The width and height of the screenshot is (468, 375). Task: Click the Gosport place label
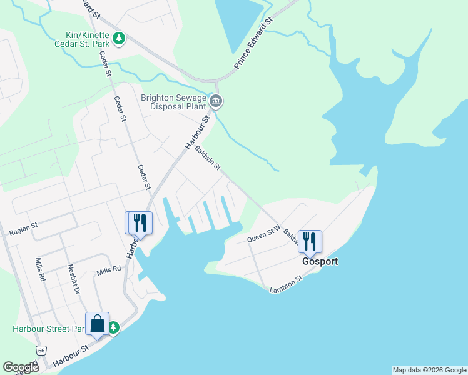pyautogui.click(x=320, y=262)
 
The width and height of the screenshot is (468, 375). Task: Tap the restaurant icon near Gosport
pyautogui.click(x=310, y=241)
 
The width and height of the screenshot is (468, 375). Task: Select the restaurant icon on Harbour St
pyautogui.click(x=140, y=222)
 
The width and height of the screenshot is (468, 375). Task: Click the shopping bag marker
pyautogui.click(x=97, y=324)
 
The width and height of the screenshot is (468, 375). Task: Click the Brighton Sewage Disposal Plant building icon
pyautogui.click(x=216, y=101)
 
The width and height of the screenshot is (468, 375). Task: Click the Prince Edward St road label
pyautogui.click(x=254, y=43)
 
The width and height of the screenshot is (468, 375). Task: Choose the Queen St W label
pyautogui.click(x=263, y=234)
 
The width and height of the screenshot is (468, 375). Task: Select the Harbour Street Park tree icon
pyautogui.click(x=114, y=327)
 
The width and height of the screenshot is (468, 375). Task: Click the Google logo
pyautogui.click(x=21, y=367)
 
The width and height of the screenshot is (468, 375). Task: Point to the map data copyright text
pyautogui.click(x=429, y=370)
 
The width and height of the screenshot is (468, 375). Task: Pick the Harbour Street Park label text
pyautogui.click(x=48, y=329)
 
